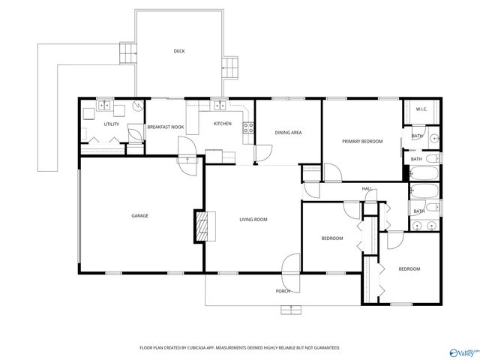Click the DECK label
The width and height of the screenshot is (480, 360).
178,51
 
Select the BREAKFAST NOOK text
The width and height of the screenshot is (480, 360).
165,127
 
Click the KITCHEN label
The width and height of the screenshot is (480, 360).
223,124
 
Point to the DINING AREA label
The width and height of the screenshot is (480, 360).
288,133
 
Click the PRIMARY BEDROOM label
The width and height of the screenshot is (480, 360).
362,141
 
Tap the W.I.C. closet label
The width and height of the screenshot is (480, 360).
421,110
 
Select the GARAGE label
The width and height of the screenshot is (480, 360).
139,216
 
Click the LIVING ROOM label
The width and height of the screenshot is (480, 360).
253,219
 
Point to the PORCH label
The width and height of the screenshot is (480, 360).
283,291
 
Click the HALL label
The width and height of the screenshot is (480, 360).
367,188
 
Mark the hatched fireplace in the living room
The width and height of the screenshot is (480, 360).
202,225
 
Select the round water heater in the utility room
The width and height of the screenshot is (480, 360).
136,106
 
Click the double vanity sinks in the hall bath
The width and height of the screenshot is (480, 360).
426,226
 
